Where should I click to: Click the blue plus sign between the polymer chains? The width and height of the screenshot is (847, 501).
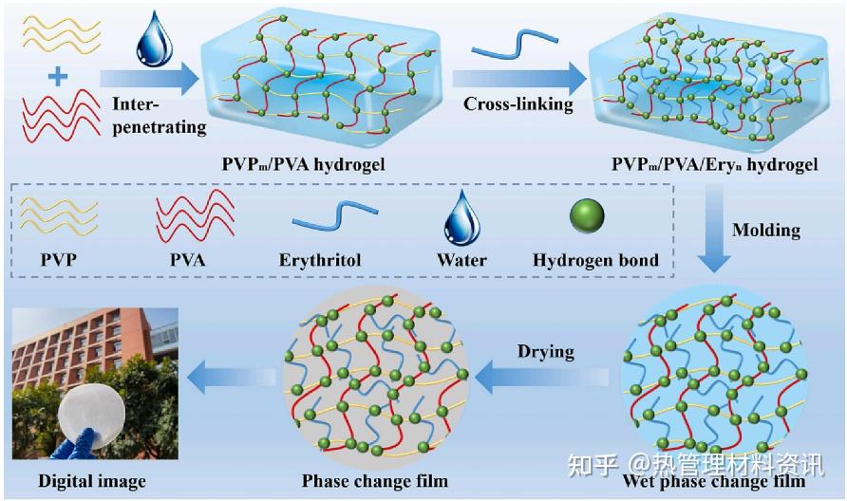(x=58, y=77)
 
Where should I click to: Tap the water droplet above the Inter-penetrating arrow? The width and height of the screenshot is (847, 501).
(x=155, y=39)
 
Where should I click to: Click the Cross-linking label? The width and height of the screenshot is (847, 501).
(x=518, y=104)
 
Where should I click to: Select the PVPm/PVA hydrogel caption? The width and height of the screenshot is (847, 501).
(x=304, y=163)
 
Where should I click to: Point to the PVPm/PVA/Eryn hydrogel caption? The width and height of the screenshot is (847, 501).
(x=715, y=164)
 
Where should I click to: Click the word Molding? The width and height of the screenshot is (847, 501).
(x=766, y=230)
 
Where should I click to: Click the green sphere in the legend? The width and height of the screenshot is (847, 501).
(x=587, y=215)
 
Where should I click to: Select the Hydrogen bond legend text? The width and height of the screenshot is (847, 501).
(x=595, y=260)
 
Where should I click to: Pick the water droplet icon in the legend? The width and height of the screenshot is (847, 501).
(x=461, y=218)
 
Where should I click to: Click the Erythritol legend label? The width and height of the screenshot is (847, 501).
(x=320, y=260)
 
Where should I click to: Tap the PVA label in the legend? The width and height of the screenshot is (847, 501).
(x=188, y=260)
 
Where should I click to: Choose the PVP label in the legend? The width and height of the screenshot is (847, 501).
(x=58, y=260)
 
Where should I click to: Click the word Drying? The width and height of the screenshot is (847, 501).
(x=546, y=352)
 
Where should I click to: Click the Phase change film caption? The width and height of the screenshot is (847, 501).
(x=375, y=480)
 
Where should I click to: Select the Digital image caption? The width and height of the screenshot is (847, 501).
(x=92, y=481)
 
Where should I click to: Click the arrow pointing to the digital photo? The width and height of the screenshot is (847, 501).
(x=231, y=377)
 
